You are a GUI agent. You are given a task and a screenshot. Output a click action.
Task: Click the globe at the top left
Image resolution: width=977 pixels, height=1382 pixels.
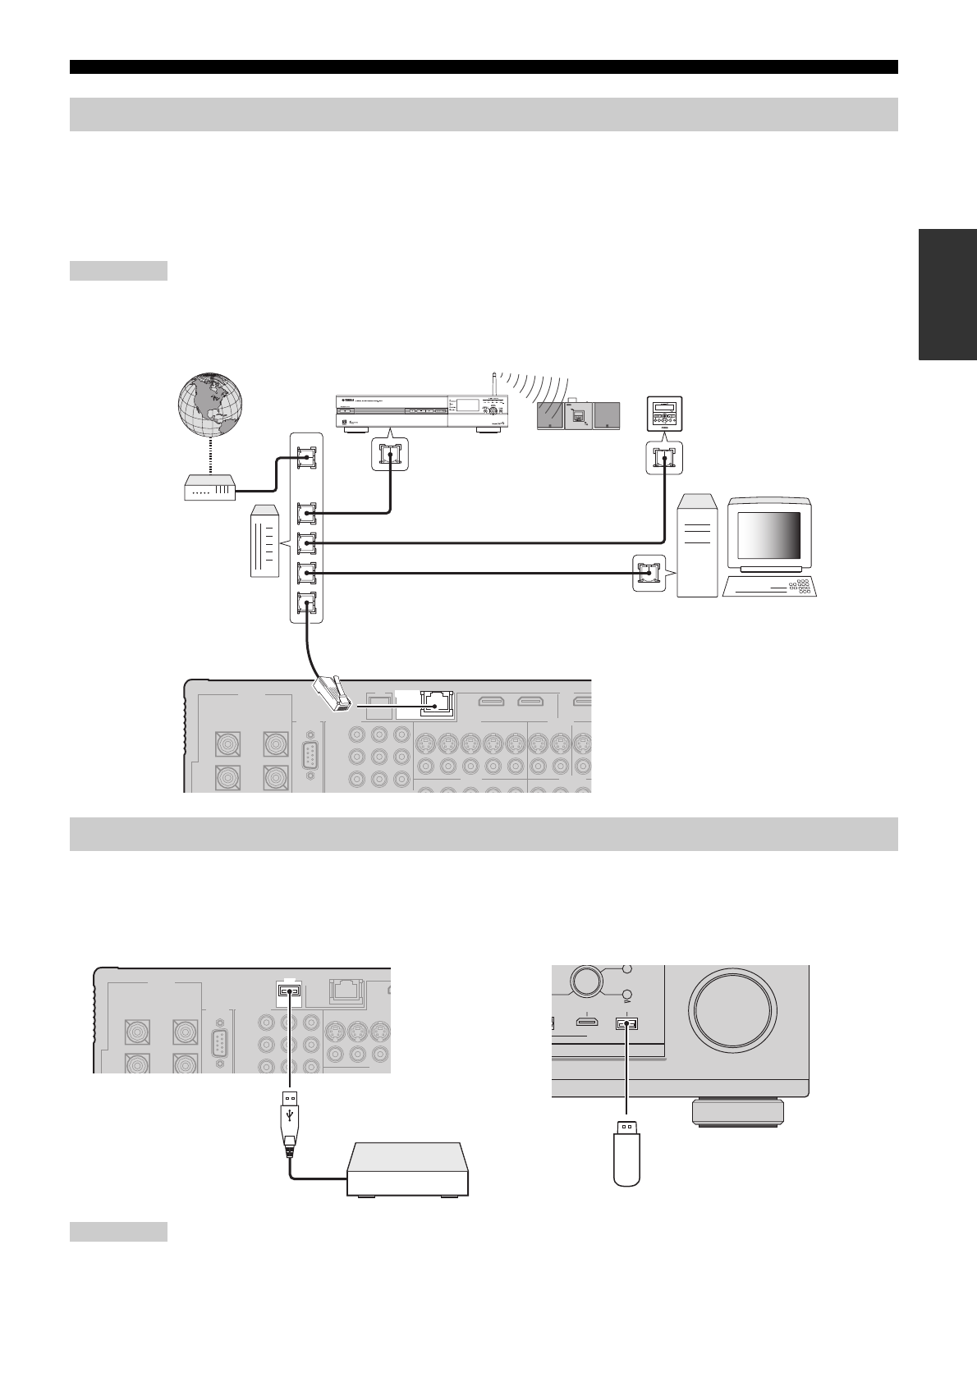tap(211, 405)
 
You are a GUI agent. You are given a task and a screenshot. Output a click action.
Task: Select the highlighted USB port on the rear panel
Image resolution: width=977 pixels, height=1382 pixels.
tap(289, 991)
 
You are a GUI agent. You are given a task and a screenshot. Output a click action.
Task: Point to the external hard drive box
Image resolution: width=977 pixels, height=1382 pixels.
tap(407, 1169)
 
